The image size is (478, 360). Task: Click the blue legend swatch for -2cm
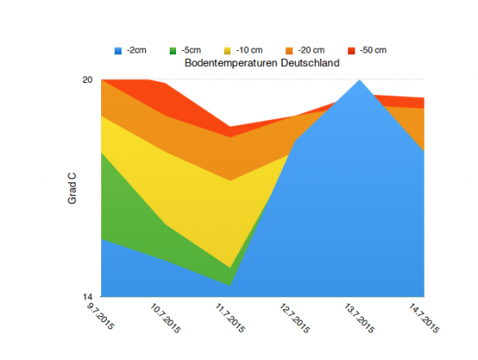[119, 51]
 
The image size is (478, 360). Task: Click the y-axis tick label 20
[88, 80]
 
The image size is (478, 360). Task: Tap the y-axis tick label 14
[88, 296]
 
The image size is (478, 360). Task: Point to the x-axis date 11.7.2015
[229, 317]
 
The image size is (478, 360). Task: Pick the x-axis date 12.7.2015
[293, 317]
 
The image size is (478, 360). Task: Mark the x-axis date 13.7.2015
[358, 317]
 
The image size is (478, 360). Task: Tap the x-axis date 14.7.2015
[422, 317]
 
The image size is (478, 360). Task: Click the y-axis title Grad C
[72, 189]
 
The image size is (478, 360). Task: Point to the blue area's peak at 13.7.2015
[359, 80]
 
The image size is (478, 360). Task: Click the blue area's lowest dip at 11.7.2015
[230, 284]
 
